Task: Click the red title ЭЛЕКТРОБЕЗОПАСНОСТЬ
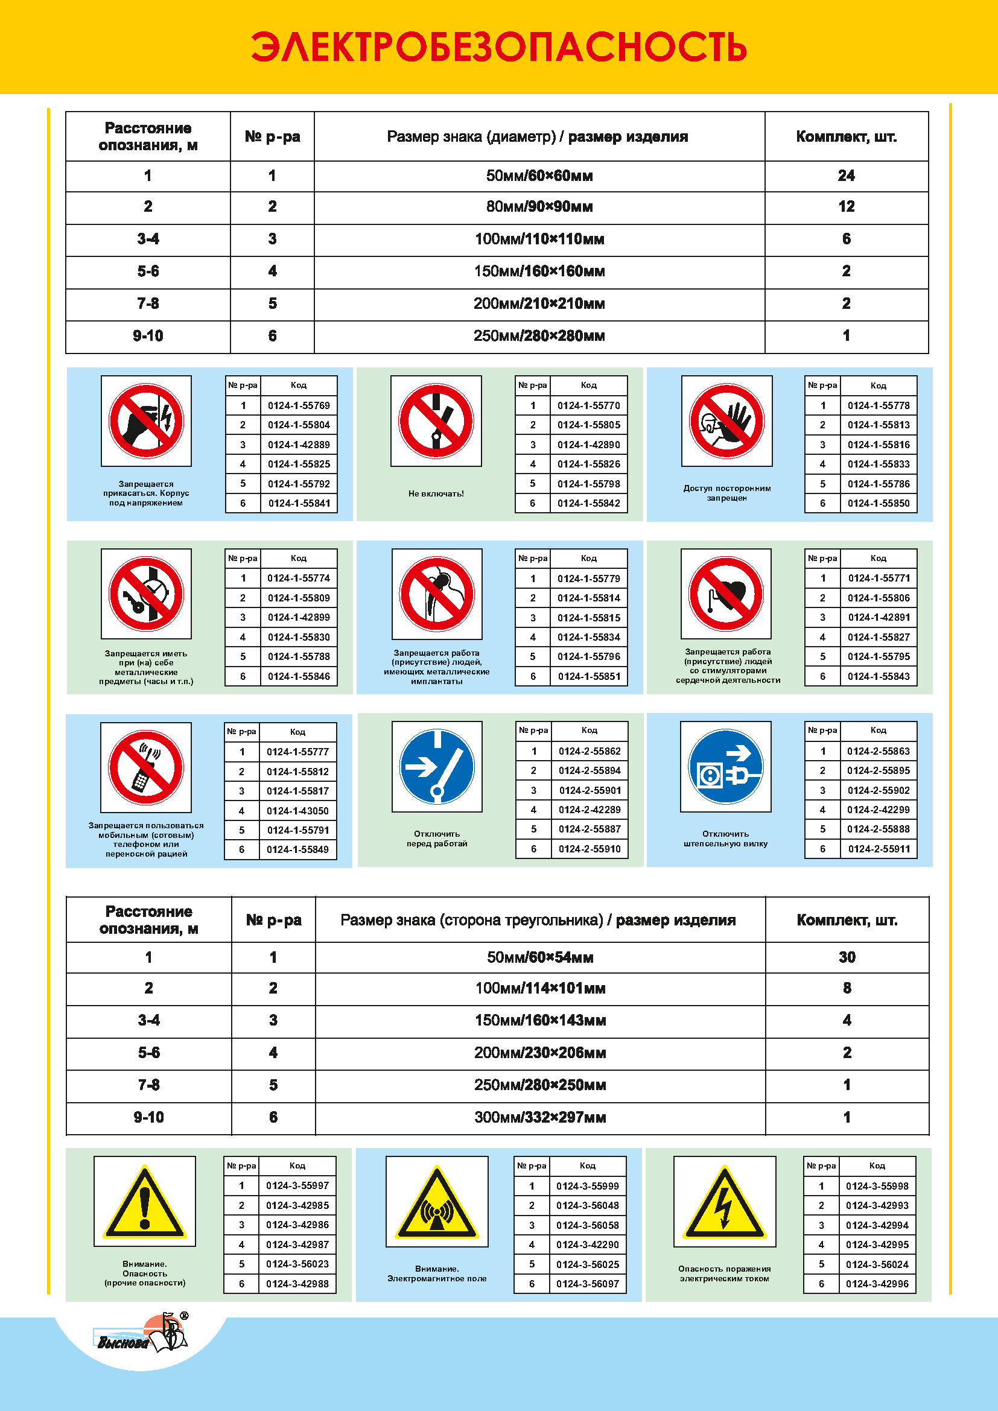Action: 498,47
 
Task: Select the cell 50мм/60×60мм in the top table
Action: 539,176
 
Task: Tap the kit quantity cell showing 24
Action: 845,176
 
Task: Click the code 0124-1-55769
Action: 299,405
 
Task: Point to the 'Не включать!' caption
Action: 436,493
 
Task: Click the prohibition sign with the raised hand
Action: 726,422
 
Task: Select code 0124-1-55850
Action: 878,503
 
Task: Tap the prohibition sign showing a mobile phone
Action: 146,767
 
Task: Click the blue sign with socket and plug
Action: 725,766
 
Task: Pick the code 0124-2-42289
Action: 590,810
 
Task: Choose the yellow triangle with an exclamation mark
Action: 144,1202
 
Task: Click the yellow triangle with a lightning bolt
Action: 725,1202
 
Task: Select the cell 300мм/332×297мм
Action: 539,1117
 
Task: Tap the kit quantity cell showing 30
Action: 847,957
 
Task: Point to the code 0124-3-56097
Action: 588,1284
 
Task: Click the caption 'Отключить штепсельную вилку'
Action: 725,839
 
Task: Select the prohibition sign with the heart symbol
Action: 726,594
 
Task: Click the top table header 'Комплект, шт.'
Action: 845,136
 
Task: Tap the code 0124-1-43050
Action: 297,811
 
